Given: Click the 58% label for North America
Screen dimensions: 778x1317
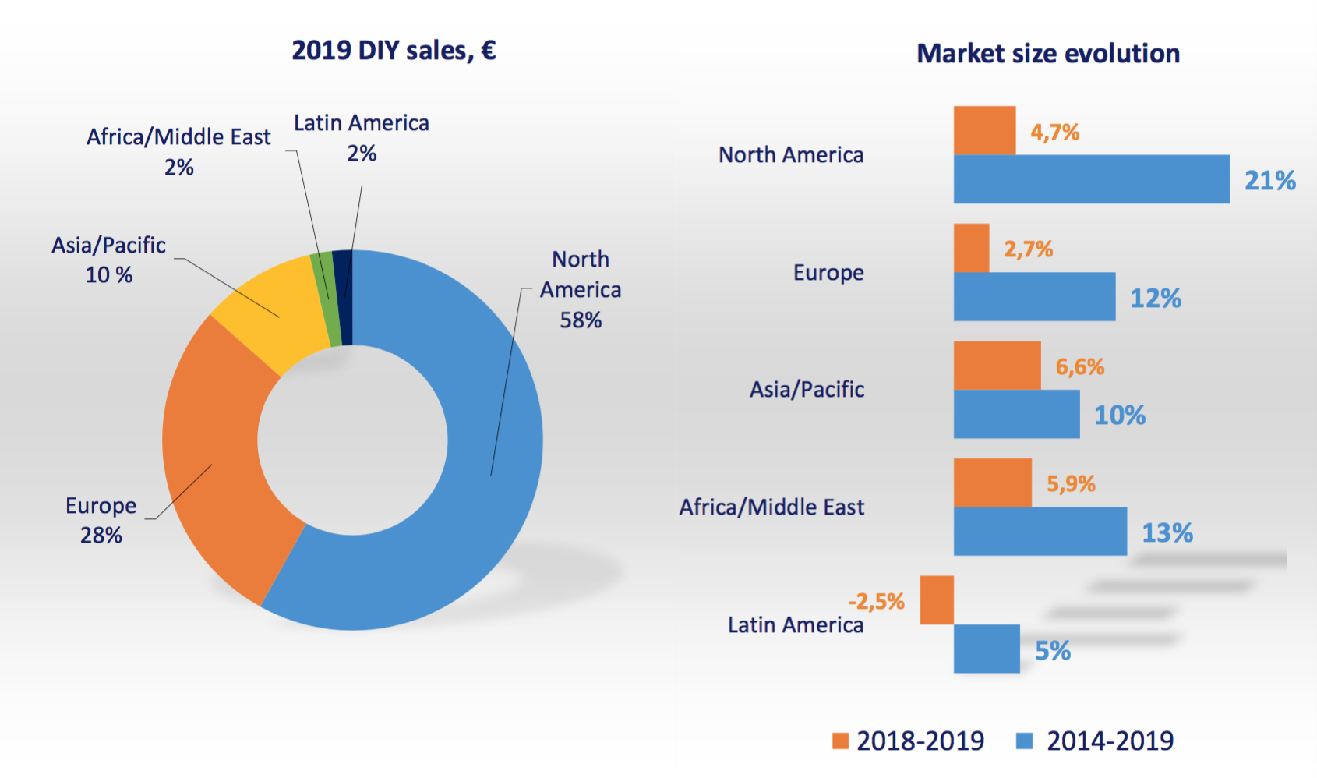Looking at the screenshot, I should tap(581, 320).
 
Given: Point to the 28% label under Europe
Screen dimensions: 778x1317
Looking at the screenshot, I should tap(101, 536).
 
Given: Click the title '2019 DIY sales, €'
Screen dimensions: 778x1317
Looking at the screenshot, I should tap(394, 51).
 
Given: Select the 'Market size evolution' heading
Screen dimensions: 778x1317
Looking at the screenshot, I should tap(1048, 54).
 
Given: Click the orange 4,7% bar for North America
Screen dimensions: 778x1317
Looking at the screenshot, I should tap(984, 131).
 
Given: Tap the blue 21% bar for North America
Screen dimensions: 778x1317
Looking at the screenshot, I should tap(1091, 179).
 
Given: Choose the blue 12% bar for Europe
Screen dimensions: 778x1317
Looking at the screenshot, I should tap(1034, 296).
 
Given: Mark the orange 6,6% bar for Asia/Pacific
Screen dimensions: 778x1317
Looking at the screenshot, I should tap(997, 366).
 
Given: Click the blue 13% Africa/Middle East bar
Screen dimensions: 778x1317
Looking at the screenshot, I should tap(1040, 532).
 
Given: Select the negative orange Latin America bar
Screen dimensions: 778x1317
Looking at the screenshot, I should tap(937, 600).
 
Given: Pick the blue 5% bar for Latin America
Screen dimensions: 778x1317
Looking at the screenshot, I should tap(987, 649).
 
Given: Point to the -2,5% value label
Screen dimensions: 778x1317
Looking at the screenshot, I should tap(876, 602).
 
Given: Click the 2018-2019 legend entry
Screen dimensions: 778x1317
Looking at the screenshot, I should tap(908, 741).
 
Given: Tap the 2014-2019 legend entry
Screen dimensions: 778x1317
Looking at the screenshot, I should tap(1095, 741).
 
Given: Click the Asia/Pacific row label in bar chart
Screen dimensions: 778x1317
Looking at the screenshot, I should tap(807, 390).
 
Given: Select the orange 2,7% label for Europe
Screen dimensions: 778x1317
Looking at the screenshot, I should tap(1028, 249).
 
